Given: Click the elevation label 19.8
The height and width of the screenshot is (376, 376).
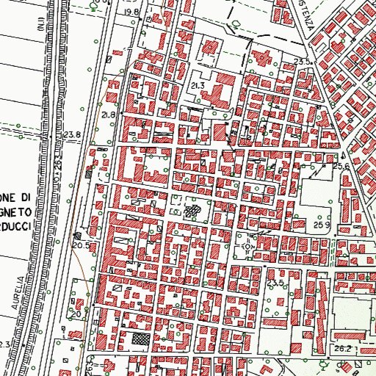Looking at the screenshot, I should [131, 12].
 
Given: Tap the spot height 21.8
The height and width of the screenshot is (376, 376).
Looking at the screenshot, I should [109, 116].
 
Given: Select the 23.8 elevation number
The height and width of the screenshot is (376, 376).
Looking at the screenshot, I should [71, 134].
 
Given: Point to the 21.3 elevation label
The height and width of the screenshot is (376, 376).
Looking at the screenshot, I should [196, 87].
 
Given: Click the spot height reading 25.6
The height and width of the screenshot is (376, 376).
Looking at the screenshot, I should [341, 167].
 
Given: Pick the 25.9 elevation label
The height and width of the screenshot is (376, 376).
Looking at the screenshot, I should [321, 223].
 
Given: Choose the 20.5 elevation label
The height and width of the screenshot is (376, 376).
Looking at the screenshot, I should [82, 245].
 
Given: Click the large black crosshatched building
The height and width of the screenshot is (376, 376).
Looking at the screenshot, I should [139, 340].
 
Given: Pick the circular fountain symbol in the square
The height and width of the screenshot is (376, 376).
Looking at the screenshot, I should [246, 247].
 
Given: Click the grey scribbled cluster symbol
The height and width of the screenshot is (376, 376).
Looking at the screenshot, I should [192, 212].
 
